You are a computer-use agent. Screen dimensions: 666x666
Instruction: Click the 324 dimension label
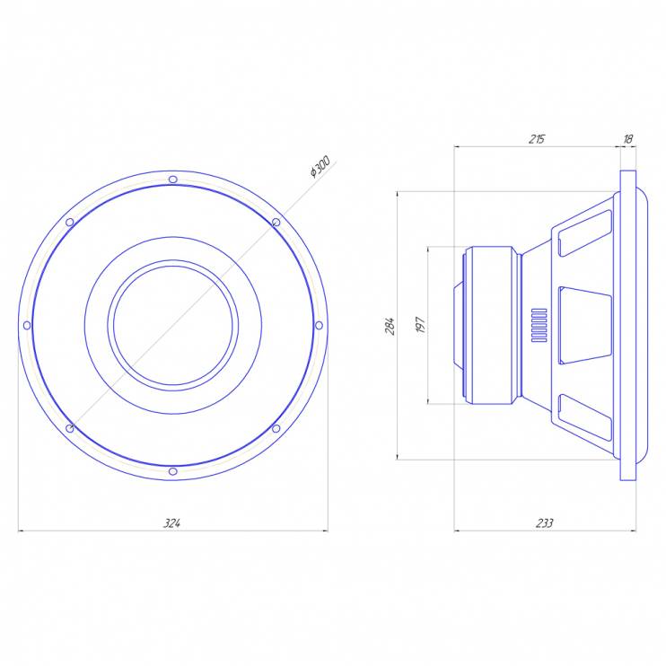pyautogui.click(x=172, y=523)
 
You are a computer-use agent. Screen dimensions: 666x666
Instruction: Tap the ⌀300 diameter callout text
pyautogui.click(x=320, y=167)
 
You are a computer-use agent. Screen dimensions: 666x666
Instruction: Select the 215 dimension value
pyautogui.click(x=537, y=139)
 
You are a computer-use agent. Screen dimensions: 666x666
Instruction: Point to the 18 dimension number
pyautogui.click(x=627, y=139)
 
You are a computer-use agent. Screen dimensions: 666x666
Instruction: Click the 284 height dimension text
pyautogui.click(x=390, y=326)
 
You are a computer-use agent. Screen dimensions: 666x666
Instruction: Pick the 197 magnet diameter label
pyautogui.click(x=420, y=325)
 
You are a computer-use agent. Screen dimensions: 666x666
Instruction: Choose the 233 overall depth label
pyautogui.click(x=545, y=523)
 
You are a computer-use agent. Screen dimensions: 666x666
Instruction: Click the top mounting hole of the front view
pyautogui.click(x=173, y=180)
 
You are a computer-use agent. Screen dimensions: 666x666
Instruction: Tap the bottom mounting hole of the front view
pyautogui.click(x=173, y=471)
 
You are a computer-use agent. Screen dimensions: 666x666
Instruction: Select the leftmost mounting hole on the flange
pyautogui.click(x=27, y=325)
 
